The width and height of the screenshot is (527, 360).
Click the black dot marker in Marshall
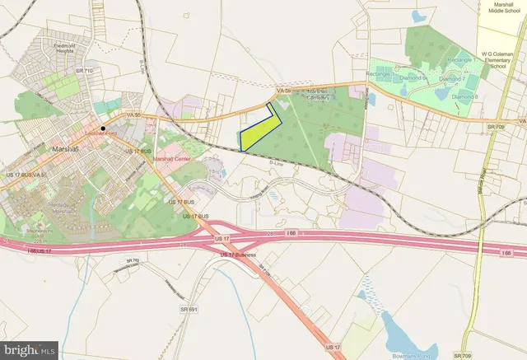click(x=102, y=129)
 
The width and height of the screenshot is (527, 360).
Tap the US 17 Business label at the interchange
click(x=239, y=255)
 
